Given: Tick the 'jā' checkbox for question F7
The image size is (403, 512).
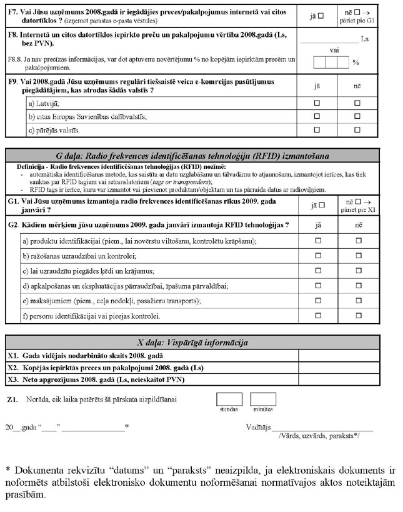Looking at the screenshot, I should [x=321, y=15].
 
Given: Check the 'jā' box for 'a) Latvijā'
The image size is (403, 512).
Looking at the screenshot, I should [x=316, y=102].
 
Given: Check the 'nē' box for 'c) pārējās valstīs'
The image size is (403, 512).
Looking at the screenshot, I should [x=358, y=130].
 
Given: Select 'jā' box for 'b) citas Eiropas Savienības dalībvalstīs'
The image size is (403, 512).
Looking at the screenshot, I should [x=316, y=116].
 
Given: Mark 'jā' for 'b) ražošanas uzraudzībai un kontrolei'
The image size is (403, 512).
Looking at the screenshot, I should [x=316, y=256].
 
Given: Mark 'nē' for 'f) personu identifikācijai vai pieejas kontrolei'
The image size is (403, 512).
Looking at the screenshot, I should [x=358, y=316].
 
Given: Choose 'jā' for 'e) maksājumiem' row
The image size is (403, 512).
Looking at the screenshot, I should [x=316, y=301].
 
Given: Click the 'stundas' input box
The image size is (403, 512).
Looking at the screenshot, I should [x=229, y=399].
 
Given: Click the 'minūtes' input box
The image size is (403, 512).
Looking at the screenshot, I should [x=263, y=399].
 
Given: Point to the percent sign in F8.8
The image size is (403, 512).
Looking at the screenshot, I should [x=356, y=63].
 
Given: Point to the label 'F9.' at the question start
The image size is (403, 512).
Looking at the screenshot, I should [x=13, y=81].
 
